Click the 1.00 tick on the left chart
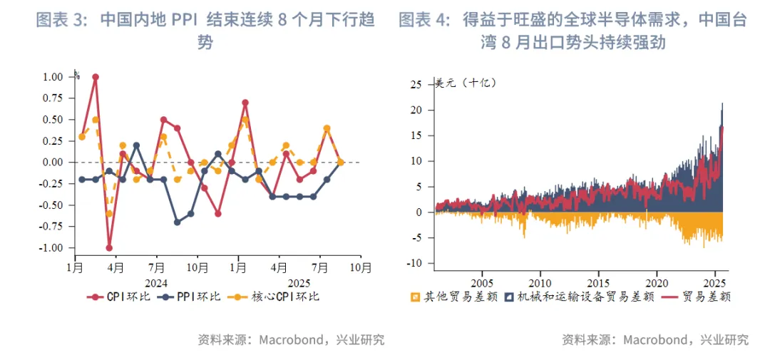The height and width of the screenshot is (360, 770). click(x=53, y=77)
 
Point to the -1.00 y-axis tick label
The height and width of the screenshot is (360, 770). click(x=52, y=248)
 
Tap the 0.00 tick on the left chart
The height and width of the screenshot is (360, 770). click(x=53, y=163)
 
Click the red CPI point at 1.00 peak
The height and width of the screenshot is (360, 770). click(x=96, y=77)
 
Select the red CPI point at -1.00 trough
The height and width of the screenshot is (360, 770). click(x=109, y=248)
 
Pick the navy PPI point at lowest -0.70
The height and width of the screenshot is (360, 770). click(x=177, y=222)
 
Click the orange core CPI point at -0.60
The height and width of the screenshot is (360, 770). click(x=109, y=214)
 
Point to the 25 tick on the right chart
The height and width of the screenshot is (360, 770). click(x=418, y=85)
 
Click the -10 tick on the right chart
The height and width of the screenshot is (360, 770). click(x=415, y=264)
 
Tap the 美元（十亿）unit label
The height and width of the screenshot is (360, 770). click(x=467, y=83)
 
